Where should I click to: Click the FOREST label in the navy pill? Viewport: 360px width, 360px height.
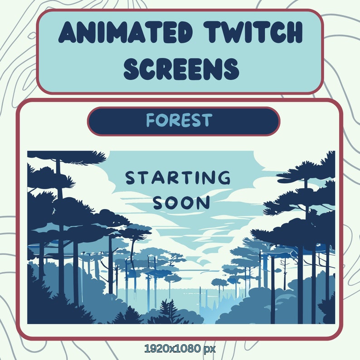coord(179,121)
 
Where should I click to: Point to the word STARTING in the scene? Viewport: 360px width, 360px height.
coord(178,178)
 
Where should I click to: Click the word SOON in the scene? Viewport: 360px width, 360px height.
coord(181,203)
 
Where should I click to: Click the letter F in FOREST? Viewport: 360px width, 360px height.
coord(151,121)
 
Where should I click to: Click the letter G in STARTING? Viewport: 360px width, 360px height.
coord(224,178)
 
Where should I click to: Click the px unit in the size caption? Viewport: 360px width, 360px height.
coord(209,349)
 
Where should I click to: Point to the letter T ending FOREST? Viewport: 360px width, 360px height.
coord(207,121)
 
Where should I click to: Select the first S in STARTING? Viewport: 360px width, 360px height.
coord(131,178)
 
